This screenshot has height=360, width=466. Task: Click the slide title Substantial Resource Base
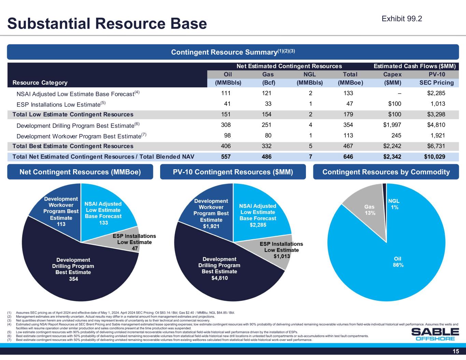[x=107, y=23]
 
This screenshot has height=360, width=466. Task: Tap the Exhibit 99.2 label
[x=402, y=19]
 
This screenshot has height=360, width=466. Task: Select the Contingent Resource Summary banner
[x=233, y=52]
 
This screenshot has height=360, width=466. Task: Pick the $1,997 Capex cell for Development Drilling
[x=392, y=125]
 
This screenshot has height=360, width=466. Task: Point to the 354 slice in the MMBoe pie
[x=73, y=270]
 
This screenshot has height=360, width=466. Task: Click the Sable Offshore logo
[x=435, y=334]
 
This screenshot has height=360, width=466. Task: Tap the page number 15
[x=456, y=352]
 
